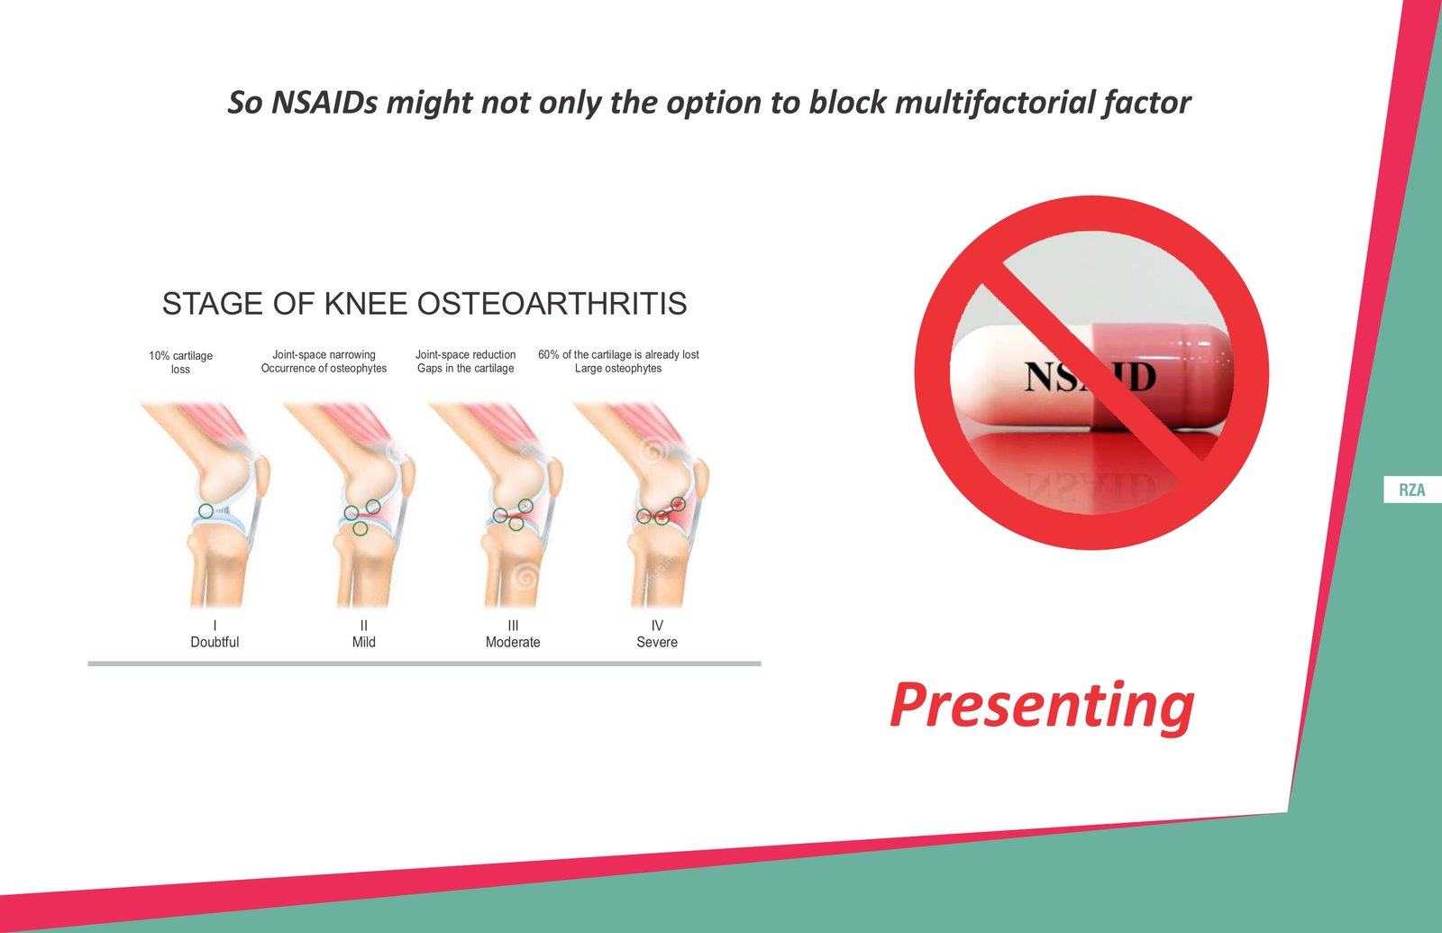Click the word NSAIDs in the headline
click(x=324, y=103)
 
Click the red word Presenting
click(x=1042, y=707)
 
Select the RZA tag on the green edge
click(x=1411, y=490)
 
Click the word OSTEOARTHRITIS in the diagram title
click(x=547, y=303)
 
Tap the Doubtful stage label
click(x=214, y=642)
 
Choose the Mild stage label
click(x=364, y=642)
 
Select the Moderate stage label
click(x=513, y=642)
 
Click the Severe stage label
click(x=657, y=642)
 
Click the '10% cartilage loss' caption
click(x=180, y=361)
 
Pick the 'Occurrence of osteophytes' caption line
click(x=324, y=369)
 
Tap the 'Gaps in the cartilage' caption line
click(x=465, y=369)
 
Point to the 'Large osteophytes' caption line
click(x=618, y=369)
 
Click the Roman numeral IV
click(x=657, y=626)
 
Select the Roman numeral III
click(x=513, y=626)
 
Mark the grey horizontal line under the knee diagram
click(x=424, y=663)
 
